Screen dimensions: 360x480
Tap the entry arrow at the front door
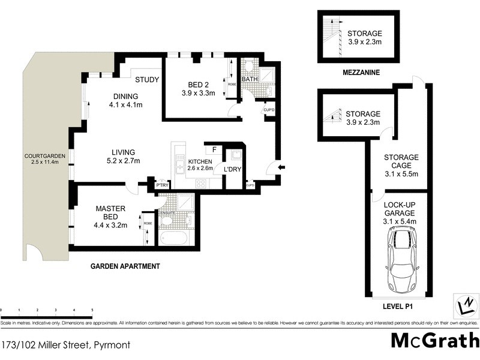click(282, 166)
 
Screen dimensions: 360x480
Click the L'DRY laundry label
click(232, 170)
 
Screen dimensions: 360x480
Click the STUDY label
click(146, 80)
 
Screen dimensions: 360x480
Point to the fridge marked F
click(212, 149)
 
